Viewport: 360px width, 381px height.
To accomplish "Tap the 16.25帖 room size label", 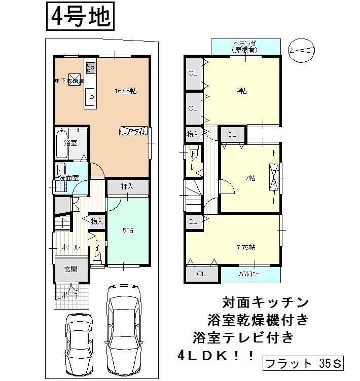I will pyautogui.click(x=126, y=91).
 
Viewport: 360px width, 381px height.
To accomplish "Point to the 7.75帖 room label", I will pyautogui.click(x=245, y=247).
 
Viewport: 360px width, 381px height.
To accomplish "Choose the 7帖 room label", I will pyautogui.click(x=249, y=178).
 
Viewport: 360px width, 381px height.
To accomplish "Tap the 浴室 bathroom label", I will pyautogui.click(x=70, y=143).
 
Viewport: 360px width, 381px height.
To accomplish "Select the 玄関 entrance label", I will pyautogui.click(x=70, y=269).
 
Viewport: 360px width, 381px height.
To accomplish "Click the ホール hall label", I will pyautogui.click(x=70, y=248).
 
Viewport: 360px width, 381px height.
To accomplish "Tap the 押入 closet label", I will pyautogui.click(x=127, y=186).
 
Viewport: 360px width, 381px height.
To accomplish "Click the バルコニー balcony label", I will pyautogui.click(x=249, y=274).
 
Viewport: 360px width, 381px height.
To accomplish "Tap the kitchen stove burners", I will pyautogui.click(x=91, y=67).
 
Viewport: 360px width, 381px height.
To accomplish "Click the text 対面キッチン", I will pyautogui.click(x=265, y=302).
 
